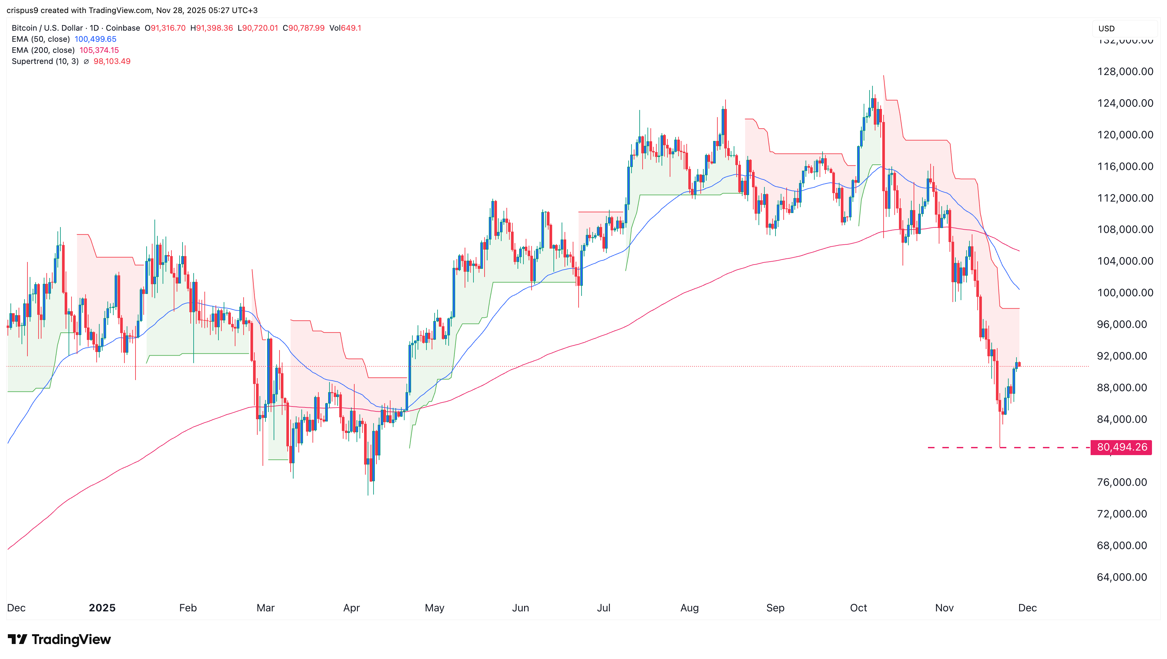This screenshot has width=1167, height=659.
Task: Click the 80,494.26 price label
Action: click(x=1121, y=447)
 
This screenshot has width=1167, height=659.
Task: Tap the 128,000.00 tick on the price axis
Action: click(x=1125, y=71)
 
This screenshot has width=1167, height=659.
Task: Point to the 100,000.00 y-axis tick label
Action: click(x=1125, y=293)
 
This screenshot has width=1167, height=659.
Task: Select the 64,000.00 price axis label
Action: click(x=1122, y=577)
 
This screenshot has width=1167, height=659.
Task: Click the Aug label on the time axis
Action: click(x=689, y=608)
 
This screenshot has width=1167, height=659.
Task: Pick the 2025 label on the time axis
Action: click(x=102, y=608)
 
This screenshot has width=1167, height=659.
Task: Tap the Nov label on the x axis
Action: click(x=944, y=608)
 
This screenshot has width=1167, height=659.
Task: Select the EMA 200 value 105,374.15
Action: click(x=99, y=50)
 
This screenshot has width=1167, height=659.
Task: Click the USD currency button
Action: click(x=1106, y=28)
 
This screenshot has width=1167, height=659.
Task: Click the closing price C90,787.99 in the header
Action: click(x=304, y=28)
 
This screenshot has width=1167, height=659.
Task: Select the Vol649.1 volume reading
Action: click(x=345, y=28)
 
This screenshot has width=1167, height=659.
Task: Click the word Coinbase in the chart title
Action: click(x=123, y=28)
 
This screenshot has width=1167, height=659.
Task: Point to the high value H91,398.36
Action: click(x=212, y=28)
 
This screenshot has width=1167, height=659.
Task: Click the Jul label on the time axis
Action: click(x=603, y=608)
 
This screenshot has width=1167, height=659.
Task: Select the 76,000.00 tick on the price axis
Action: click(x=1122, y=483)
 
